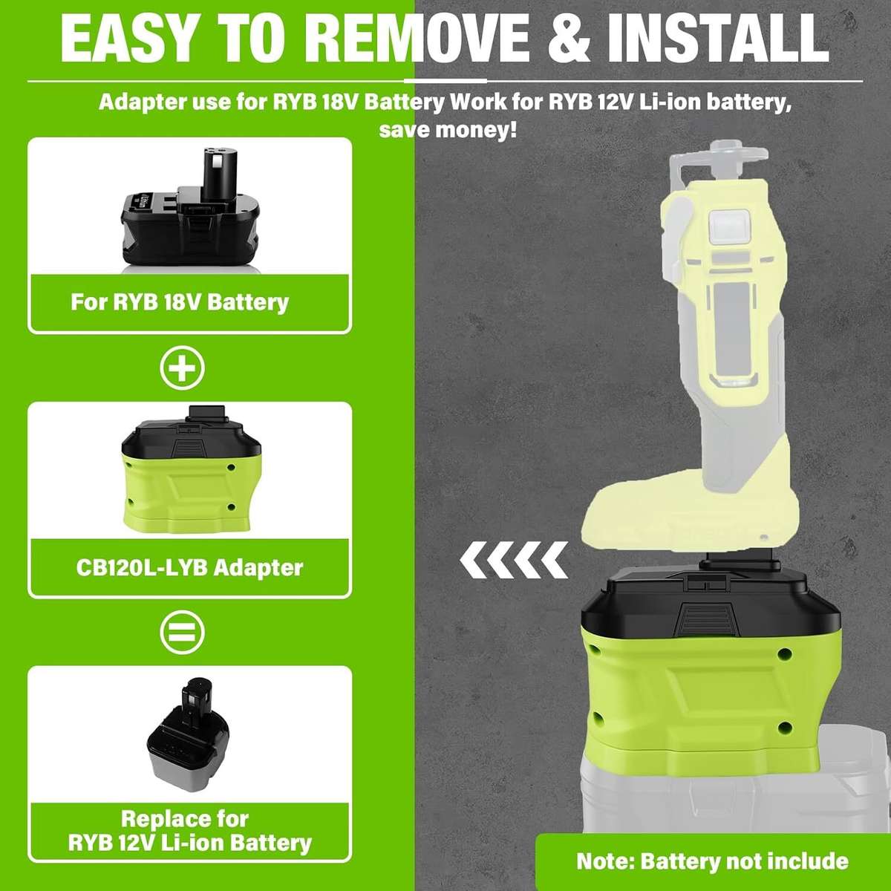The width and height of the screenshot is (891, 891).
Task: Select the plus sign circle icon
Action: (x=183, y=368)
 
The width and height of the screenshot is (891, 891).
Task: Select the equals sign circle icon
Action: (x=183, y=633)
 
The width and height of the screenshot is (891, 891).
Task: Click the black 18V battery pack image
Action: (x=190, y=215)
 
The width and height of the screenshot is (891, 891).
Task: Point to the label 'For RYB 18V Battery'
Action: (x=180, y=302)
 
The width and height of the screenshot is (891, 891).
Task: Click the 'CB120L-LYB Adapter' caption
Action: (x=189, y=568)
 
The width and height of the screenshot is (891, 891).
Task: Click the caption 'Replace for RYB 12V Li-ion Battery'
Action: (x=189, y=831)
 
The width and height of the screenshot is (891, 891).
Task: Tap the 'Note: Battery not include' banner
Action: (x=712, y=861)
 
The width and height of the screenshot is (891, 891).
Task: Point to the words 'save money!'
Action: (x=448, y=130)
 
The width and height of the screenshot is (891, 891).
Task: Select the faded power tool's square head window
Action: (x=730, y=224)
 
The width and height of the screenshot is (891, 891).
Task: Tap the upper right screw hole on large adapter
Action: (x=784, y=655)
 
